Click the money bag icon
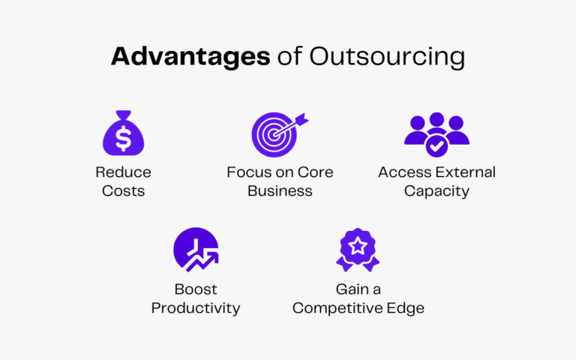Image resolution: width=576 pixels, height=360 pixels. tap(123, 134)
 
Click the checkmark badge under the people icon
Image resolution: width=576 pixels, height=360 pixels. tap(436, 145)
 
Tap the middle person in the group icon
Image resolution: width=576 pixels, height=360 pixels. tap(436, 124)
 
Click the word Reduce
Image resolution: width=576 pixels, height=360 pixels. tap(123, 172)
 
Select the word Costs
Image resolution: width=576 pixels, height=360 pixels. tap(123, 191)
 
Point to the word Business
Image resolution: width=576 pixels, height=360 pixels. tap(280, 191)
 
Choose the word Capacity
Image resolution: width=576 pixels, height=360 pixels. tap(436, 191)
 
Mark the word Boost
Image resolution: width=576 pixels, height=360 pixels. tap(195, 289)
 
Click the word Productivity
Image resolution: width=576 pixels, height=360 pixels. tap(195, 308)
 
